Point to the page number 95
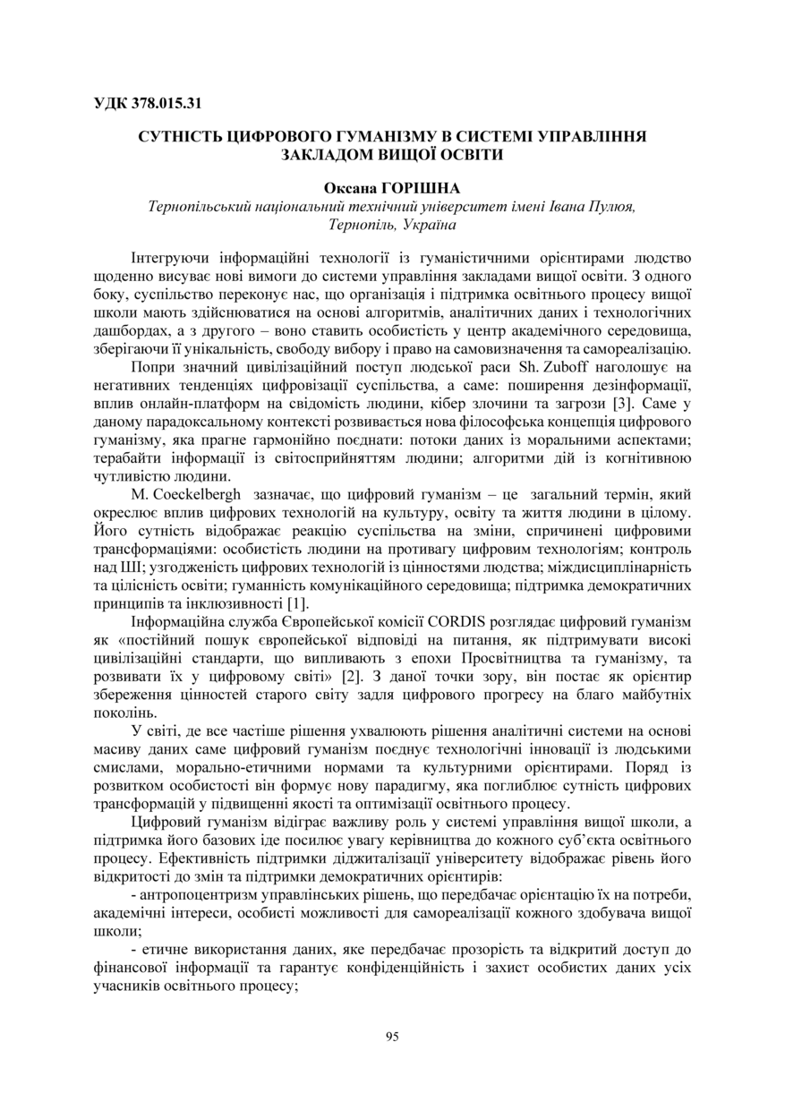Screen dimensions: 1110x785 [x=392, y=1037]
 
